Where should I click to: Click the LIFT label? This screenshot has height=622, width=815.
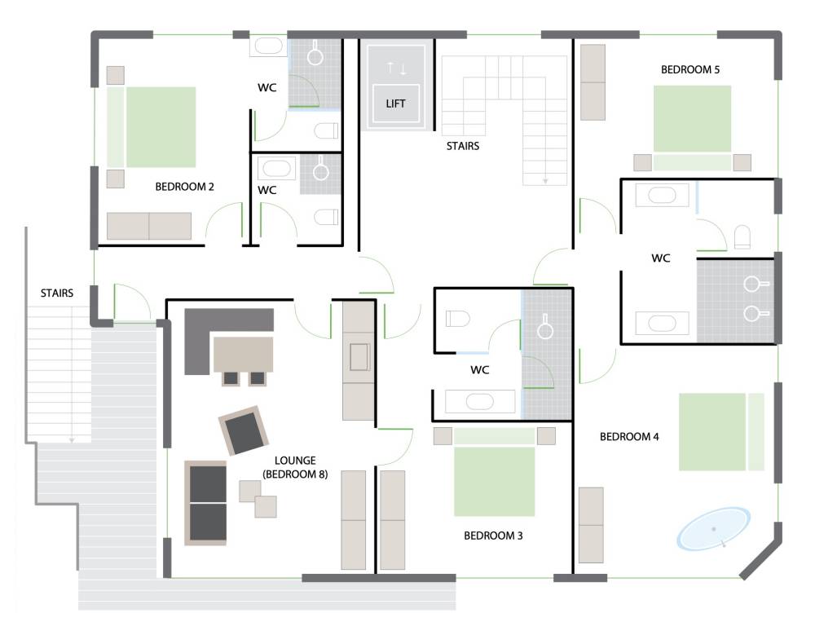[x=395, y=104]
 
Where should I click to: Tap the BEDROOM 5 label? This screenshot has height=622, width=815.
[x=689, y=69]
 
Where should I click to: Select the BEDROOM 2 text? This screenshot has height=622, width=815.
[x=184, y=187]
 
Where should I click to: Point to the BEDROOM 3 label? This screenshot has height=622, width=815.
[x=493, y=536]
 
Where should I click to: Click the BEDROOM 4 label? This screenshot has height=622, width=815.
[x=629, y=437]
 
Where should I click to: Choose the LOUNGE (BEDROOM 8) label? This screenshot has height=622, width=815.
[x=295, y=467]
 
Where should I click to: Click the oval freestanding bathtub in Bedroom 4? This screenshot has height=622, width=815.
[x=713, y=528]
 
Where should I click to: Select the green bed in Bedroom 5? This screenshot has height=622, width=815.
[x=692, y=127]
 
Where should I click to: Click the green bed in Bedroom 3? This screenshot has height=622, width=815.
[x=495, y=472]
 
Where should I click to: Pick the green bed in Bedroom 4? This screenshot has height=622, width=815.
[x=721, y=432]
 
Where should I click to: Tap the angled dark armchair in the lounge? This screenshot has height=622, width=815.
[x=243, y=430]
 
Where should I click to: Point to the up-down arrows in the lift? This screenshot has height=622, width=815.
[x=396, y=68]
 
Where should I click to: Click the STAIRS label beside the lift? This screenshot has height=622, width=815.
[x=463, y=146]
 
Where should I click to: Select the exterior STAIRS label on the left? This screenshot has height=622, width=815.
[x=57, y=293]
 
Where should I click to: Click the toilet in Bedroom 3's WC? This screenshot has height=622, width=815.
[x=458, y=318]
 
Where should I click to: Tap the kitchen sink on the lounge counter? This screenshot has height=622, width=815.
[x=359, y=357]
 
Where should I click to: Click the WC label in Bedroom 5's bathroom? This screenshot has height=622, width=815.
[x=661, y=258]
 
